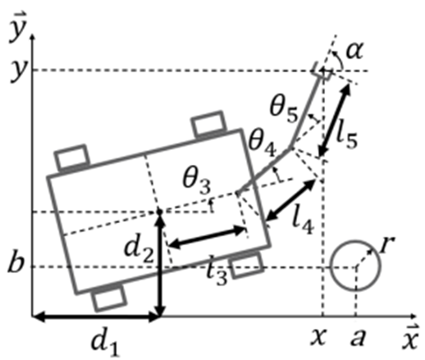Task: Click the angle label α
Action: [x=354, y=51]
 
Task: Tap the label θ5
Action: [x=283, y=109]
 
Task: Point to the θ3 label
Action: [x=197, y=182]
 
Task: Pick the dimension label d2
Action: [x=139, y=252]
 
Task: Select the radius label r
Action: [x=387, y=244]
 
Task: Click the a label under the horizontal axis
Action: [x=358, y=338]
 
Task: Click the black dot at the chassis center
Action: [x=160, y=212]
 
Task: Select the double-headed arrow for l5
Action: [x=335, y=120]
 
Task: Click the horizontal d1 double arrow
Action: [x=96, y=317]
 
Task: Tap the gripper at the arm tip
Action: [x=322, y=71]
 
